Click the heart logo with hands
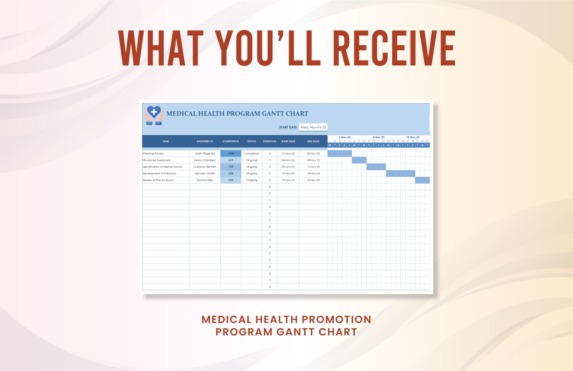(x=154, y=115)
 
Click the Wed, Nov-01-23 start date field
(x=313, y=127)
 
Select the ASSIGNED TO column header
(x=205, y=142)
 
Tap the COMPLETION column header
(x=231, y=142)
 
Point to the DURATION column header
(x=270, y=142)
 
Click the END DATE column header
(x=313, y=142)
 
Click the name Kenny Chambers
(x=205, y=160)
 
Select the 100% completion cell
(x=231, y=154)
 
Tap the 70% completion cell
(x=231, y=167)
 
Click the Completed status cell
(x=252, y=154)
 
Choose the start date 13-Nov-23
(x=288, y=173)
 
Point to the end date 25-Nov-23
(x=313, y=180)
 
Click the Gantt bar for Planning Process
(x=340, y=154)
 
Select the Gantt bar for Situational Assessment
(x=359, y=160)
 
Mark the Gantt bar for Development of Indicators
(x=400, y=173)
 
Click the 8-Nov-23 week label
(x=379, y=137)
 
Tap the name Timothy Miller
(x=205, y=180)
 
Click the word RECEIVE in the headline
(x=394, y=48)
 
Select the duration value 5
(x=270, y=173)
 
